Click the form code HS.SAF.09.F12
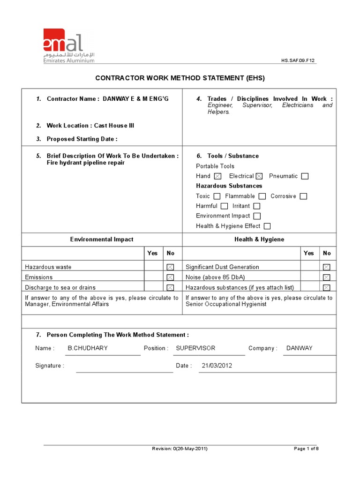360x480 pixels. [298, 60]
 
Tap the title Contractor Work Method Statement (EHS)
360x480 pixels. [180, 78]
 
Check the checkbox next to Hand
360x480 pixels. [217, 176]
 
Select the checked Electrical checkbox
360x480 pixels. [259, 176]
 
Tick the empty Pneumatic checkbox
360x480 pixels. [305, 176]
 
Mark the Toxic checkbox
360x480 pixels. [217, 196]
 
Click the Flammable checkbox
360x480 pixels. [262, 196]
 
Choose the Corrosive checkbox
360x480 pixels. [303, 196]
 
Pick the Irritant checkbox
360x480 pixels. [256, 206]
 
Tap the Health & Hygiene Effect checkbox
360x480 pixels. [267, 226]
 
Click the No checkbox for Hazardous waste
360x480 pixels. [170, 267]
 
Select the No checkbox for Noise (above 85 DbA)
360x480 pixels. [327, 277]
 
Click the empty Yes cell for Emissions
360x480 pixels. [153, 277]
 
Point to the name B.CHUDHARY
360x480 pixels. [88, 348]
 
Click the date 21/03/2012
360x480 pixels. [217, 366]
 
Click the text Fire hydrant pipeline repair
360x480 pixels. [86, 163]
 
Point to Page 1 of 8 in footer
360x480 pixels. [306, 449]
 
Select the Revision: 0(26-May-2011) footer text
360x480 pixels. [180, 449]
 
